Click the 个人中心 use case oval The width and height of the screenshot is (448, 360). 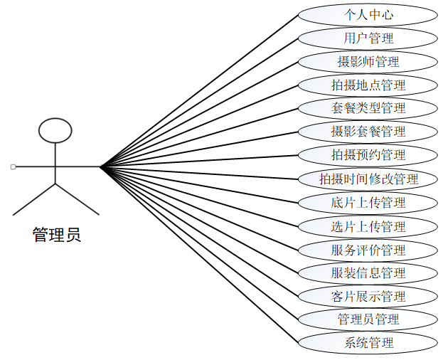(x=368, y=14)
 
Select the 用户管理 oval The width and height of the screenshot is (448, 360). (x=368, y=38)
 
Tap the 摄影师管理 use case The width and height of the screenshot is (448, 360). (x=368, y=61)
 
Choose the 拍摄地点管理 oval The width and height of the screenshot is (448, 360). (x=368, y=85)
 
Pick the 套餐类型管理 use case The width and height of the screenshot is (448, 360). (x=368, y=108)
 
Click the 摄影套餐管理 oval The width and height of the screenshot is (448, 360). (x=368, y=132)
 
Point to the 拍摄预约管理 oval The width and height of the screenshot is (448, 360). (x=368, y=155)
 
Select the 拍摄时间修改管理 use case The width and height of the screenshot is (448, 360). (x=368, y=179)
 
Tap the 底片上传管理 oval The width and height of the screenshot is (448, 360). (x=368, y=202)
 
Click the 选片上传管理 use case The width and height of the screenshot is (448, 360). (x=368, y=226)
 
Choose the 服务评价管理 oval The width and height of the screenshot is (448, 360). (x=368, y=250)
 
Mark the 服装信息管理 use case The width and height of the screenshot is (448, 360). (x=368, y=272)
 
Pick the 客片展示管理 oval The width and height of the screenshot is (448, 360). (x=368, y=296)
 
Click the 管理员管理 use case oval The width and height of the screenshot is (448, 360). (x=368, y=319)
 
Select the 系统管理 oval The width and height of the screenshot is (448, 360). (x=368, y=342)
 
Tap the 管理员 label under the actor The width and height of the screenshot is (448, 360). (x=57, y=234)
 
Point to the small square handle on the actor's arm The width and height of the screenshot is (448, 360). (x=14, y=167)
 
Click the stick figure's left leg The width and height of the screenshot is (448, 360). (x=35, y=199)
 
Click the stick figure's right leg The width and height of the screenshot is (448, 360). (x=77, y=199)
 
